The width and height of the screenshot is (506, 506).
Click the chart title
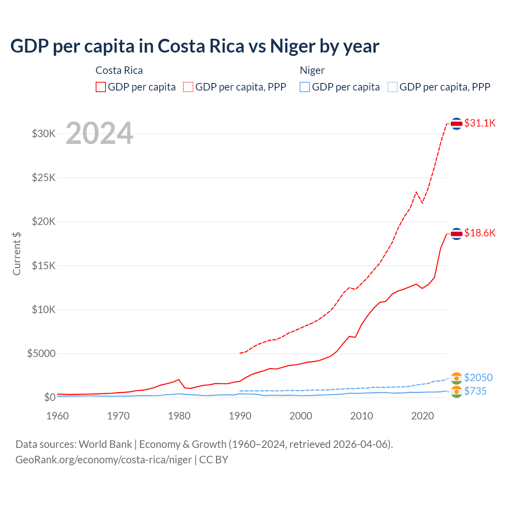pyautogui.click(x=194, y=46)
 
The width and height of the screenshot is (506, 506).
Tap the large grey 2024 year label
pyautogui.click(x=99, y=133)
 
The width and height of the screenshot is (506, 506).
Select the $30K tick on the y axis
pyautogui.click(x=44, y=134)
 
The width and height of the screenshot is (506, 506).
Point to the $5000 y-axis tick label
pyautogui.click(x=41, y=353)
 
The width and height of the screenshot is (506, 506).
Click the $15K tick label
pyautogui.click(x=44, y=266)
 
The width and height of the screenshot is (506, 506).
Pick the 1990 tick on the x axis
pyautogui.click(x=240, y=416)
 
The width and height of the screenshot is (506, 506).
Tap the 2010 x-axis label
pyautogui.click(x=362, y=416)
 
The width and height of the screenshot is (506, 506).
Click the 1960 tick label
pyautogui.click(x=58, y=416)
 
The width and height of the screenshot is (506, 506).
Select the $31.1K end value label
pyautogui.click(x=480, y=123)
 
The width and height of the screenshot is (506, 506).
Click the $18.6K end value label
pyautogui.click(x=480, y=233)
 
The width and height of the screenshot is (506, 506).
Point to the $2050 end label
pyautogui.click(x=478, y=378)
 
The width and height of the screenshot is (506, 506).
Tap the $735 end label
pyautogui.click(x=476, y=391)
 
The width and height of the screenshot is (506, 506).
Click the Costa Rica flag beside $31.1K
pyautogui.click(x=457, y=124)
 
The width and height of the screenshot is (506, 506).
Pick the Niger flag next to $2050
pyautogui.click(x=457, y=378)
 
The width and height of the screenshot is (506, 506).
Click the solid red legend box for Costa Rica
pyautogui.click(x=101, y=87)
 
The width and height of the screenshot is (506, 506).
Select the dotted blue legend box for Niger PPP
pyautogui.click(x=393, y=87)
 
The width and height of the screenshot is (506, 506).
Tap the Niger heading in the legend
pyautogui.click(x=312, y=70)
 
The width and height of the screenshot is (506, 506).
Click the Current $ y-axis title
pyautogui.click(x=17, y=254)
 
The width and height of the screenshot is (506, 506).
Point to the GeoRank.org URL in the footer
pyautogui.click(x=104, y=460)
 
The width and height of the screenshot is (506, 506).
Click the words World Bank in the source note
pyautogui.click(x=105, y=444)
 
